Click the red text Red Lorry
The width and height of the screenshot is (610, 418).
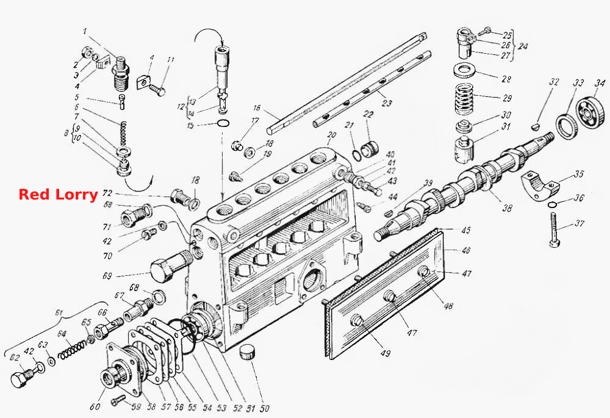click(x=58, y=194)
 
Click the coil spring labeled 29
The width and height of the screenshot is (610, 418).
click(x=465, y=99)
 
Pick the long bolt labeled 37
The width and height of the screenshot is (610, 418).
click(x=555, y=229)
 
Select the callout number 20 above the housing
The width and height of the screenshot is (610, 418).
click(x=331, y=135)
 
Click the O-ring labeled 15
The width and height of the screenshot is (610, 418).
click(x=223, y=124)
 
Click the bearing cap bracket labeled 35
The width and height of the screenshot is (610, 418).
click(x=540, y=186)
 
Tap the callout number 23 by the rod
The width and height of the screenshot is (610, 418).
click(x=386, y=103)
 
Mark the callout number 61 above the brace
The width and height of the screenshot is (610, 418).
click(x=59, y=312)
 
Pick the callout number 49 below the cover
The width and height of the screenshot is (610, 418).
click(x=385, y=353)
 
